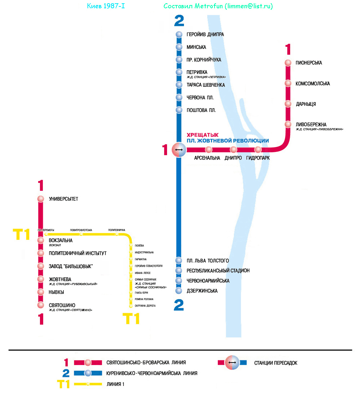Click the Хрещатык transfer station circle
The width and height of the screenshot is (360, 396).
(179, 150)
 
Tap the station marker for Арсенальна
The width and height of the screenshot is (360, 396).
(209, 150)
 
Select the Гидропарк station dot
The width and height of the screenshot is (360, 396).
(258, 150)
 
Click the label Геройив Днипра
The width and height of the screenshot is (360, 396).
(205, 35)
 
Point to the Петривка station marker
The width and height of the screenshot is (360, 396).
(179, 72)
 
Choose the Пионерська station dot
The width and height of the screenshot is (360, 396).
(288, 63)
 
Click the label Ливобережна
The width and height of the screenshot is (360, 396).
(311, 125)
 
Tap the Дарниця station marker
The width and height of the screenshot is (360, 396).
(288, 104)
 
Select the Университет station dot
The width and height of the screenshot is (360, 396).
(40, 199)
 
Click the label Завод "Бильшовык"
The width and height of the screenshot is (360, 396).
(71, 266)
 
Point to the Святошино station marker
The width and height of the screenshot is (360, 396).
(40, 305)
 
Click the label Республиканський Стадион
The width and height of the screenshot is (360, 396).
(218, 271)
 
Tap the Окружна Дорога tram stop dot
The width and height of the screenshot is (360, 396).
(131, 306)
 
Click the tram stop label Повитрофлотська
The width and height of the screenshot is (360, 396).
(81, 230)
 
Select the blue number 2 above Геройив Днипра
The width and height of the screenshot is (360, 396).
(179, 21)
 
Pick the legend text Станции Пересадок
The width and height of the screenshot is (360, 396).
(275, 363)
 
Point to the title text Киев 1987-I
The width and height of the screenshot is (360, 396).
(106, 6)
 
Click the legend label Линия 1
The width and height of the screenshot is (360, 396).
(115, 384)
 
